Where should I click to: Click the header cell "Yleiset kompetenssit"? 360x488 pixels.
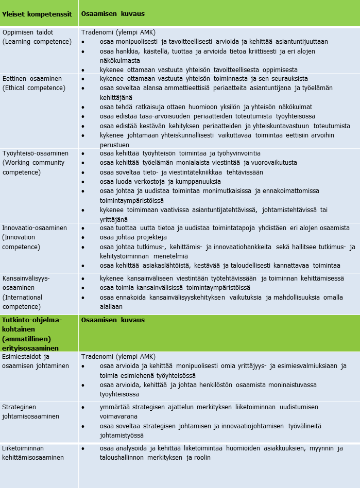tap(37, 13)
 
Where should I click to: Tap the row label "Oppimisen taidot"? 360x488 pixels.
tap(28, 32)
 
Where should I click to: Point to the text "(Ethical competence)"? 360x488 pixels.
tap(34, 88)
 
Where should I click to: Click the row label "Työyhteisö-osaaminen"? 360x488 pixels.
tap(36, 153)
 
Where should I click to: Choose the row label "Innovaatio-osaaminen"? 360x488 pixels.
tap(35, 228)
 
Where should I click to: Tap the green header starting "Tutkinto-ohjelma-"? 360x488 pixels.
tap(32, 320)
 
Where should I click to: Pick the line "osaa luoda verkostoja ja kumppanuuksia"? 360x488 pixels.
tap(160, 181)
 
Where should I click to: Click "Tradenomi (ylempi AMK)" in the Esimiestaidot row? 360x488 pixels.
tap(118, 356)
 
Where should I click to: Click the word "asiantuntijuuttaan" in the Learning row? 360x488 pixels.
tap(297, 42)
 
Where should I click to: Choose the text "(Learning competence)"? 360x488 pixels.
tap(37, 41)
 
